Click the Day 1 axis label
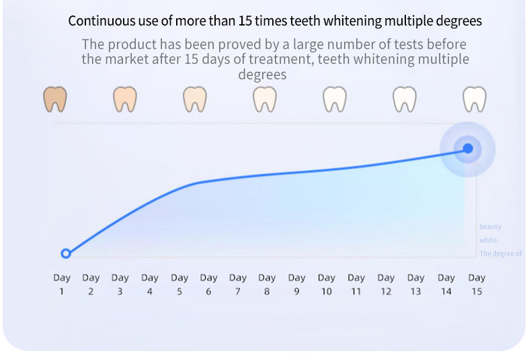click(62, 284)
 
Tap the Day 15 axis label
click(477, 284)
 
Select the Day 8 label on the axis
click(267, 284)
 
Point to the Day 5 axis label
click(179, 284)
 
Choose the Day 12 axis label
click(386, 284)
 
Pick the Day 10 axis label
click(326, 284)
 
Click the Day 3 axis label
click(120, 284)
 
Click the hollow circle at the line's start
click(66, 253)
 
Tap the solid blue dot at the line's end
click(468, 148)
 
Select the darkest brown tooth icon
click(55, 99)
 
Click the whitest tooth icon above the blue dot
click(475, 99)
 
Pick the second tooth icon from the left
click(125, 99)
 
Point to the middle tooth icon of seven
click(265, 99)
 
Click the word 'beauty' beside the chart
click(490, 227)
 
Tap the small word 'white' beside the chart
click(488, 240)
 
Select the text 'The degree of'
click(500, 254)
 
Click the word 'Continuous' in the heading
click(99, 21)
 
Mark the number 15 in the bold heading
click(246, 21)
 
